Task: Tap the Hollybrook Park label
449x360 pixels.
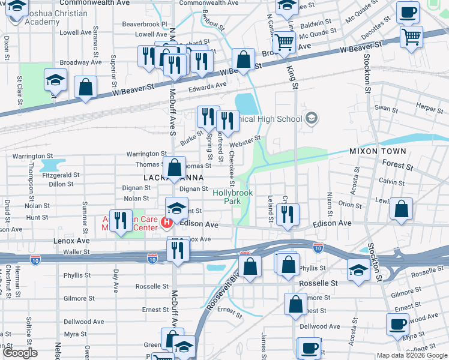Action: click(232, 197)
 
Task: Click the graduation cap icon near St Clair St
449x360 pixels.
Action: click(55, 81)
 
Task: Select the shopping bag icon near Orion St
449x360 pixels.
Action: click(402, 209)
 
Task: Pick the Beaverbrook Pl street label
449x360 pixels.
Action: click(144, 25)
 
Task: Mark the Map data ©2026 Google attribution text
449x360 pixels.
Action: click(411, 355)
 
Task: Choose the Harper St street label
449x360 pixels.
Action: click(429, 107)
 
